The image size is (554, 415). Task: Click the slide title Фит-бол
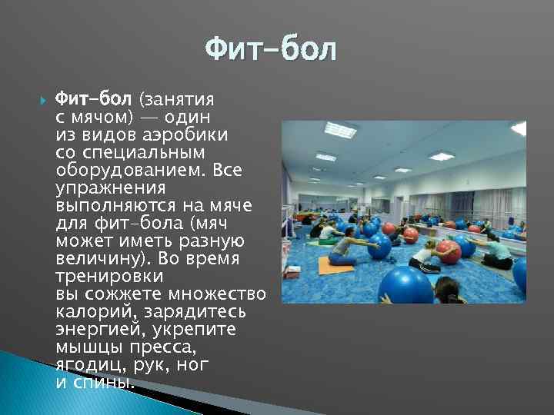coord(271,51)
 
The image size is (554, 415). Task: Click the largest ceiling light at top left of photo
coord(340,131)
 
